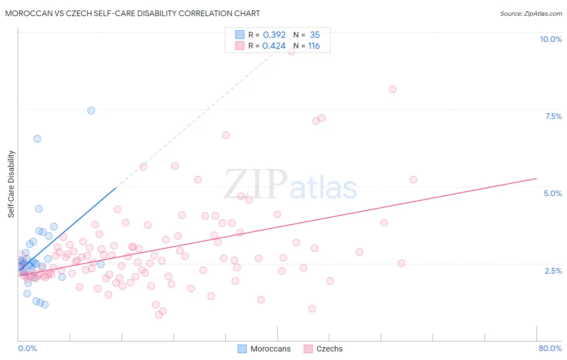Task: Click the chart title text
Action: [133, 13]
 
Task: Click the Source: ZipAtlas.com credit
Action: [531, 13]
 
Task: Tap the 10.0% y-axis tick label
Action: [550, 39]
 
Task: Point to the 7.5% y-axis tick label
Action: [553, 116]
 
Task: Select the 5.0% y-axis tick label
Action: [552, 193]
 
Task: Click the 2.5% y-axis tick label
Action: [553, 271]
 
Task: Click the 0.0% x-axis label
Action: [27, 348]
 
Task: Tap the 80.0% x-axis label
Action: [550, 348]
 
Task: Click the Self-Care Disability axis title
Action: [11, 184]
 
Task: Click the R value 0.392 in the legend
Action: [274, 35]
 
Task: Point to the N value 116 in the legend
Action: [314, 46]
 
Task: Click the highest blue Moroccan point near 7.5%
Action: [91, 110]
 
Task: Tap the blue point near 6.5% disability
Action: [37, 138]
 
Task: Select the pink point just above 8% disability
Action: [392, 89]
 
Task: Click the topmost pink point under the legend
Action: [291, 51]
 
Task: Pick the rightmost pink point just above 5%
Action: [413, 180]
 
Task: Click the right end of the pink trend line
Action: [536, 178]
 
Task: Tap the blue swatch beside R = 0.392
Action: [240, 35]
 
